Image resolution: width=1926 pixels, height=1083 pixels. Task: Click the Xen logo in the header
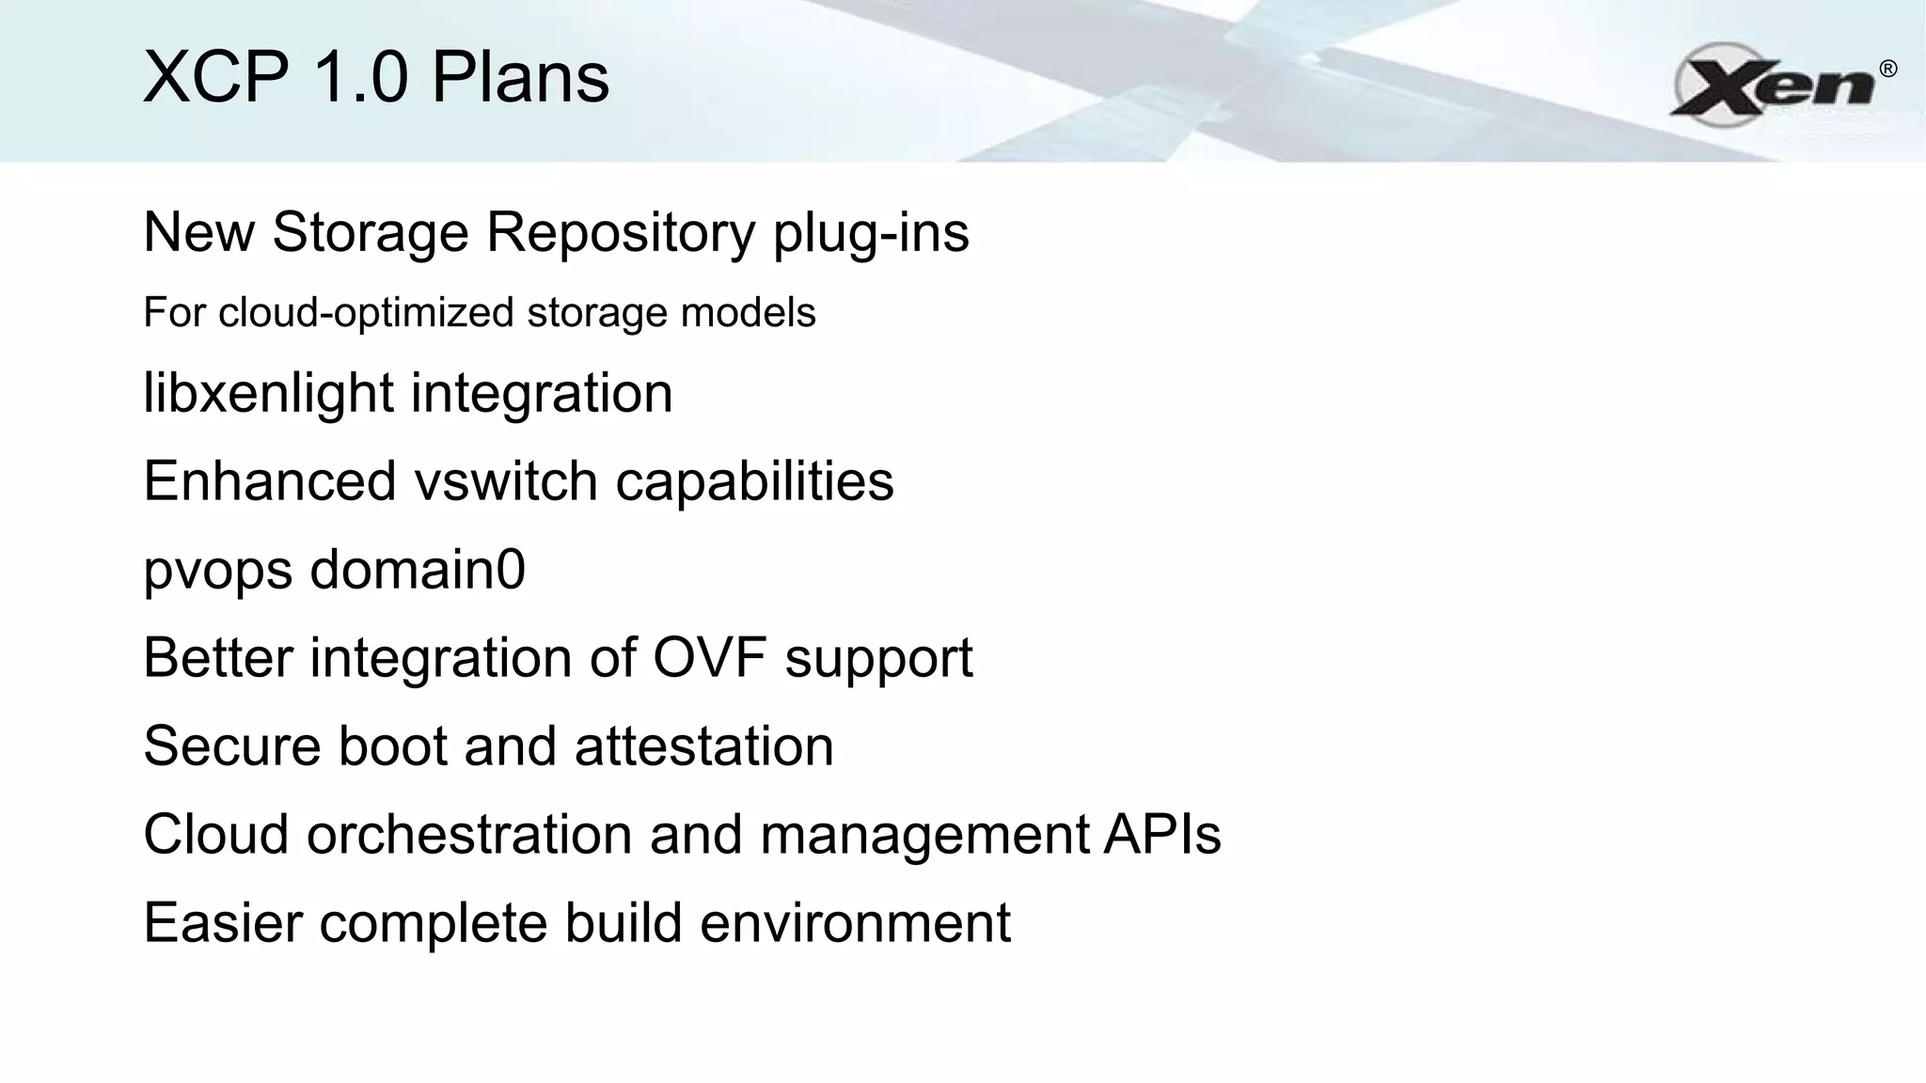click(x=1774, y=85)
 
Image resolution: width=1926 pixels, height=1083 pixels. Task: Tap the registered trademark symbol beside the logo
click(x=1887, y=69)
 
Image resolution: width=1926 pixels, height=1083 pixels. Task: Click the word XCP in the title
click(x=215, y=77)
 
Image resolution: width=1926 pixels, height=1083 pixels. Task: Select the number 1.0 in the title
click(x=359, y=77)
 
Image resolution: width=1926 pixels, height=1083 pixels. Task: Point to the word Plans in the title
click(x=520, y=77)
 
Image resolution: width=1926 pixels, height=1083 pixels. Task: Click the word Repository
click(x=620, y=233)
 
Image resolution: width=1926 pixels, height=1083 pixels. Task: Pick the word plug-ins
click(x=871, y=233)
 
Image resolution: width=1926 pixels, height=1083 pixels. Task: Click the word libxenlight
click(x=269, y=393)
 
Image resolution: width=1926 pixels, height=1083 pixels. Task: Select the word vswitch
click(x=506, y=481)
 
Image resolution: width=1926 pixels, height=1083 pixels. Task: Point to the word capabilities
click(x=754, y=481)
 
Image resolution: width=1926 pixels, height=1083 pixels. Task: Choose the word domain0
click(x=417, y=570)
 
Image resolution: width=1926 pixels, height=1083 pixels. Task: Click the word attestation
click(x=703, y=746)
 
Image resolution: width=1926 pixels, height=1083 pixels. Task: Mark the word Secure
click(x=231, y=746)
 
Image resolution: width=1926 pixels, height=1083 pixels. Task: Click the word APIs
click(x=1162, y=835)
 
